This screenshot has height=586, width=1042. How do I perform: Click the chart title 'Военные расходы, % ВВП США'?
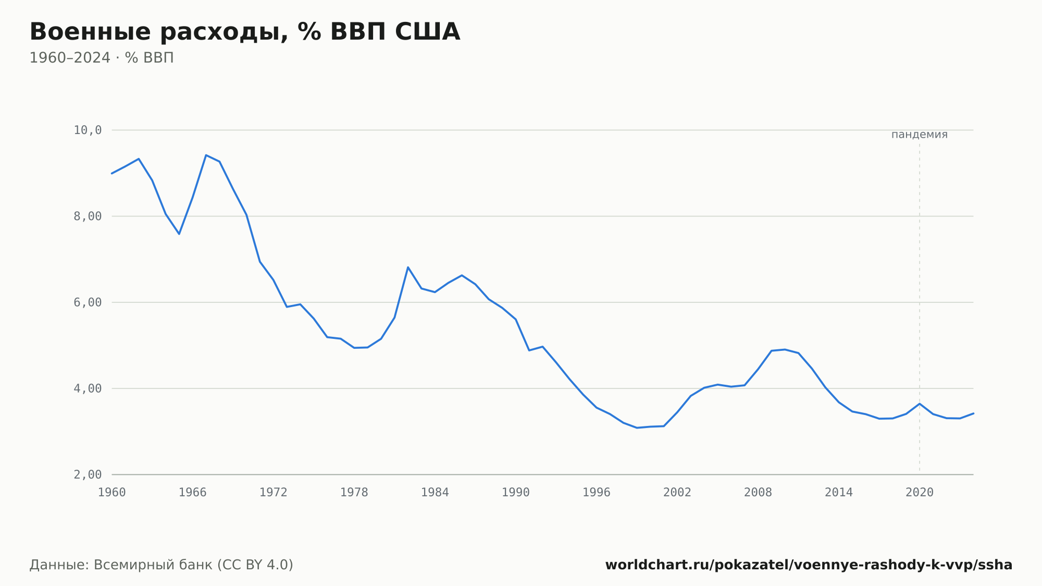coord(245,32)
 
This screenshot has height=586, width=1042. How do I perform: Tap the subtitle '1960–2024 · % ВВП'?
coord(102,58)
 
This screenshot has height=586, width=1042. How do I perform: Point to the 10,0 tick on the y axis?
coord(88,130)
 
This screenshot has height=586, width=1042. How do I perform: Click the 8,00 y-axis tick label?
coord(88,216)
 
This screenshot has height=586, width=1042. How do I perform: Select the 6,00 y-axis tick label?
coord(88,302)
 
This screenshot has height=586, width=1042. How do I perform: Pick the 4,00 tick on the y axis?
coord(88,388)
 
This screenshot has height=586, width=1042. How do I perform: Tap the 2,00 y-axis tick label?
coord(88,474)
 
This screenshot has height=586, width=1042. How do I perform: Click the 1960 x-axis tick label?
coord(112,493)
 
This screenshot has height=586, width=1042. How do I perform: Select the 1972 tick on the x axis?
coord(274,493)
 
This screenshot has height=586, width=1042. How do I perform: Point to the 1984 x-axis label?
coord(435,493)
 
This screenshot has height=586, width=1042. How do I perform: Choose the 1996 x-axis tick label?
coord(597,493)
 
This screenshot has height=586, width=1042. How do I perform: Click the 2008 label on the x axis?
coord(758,493)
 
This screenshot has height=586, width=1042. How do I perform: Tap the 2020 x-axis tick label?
coord(920,493)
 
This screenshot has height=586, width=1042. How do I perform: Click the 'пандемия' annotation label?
coord(920,135)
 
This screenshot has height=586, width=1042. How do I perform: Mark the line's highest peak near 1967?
coord(206,155)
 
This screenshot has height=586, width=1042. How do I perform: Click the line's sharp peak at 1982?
coord(408,267)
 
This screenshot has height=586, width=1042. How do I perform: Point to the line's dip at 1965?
coord(179,234)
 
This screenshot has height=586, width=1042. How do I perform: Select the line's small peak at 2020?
coord(920,404)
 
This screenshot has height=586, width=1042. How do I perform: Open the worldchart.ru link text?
coord(809,565)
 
